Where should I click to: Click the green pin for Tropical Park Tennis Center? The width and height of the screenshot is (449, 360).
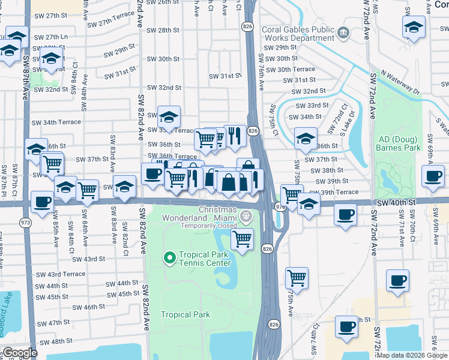point(169,258)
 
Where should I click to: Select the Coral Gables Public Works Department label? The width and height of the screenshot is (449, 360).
point(298,33)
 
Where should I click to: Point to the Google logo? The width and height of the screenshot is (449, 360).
point(20,353)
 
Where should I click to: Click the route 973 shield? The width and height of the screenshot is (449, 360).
point(25,223)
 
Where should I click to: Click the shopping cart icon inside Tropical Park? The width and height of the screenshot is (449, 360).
point(242,240)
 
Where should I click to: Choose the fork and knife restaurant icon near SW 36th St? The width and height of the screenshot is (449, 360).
point(235,136)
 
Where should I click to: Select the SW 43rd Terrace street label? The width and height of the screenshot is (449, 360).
point(59,274)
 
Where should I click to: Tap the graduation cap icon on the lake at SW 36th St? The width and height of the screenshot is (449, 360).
point(305,138)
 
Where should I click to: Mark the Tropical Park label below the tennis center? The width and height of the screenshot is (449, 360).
point(185,314)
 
